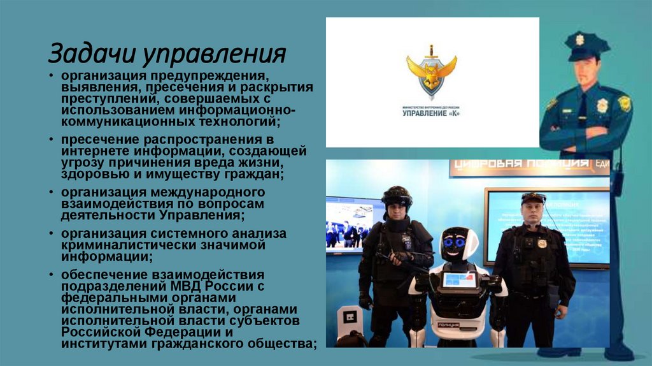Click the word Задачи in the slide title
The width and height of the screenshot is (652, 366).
tap(92, 54)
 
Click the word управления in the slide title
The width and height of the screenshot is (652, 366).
tap(213, 55)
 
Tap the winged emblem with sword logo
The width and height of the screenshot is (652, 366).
tap(432, 73)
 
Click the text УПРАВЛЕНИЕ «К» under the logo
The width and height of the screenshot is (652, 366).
tap(431, 114)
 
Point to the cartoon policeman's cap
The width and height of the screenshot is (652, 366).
tap(586, 45)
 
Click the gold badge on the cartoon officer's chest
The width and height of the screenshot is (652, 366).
tap(602, 105)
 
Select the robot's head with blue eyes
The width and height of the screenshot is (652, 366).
tap(458, 244)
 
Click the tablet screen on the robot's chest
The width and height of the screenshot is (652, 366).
tap(458, 279)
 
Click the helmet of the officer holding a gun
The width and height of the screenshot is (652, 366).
tap(397, 194)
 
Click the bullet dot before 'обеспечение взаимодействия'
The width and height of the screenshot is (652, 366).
tap(52, 275)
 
